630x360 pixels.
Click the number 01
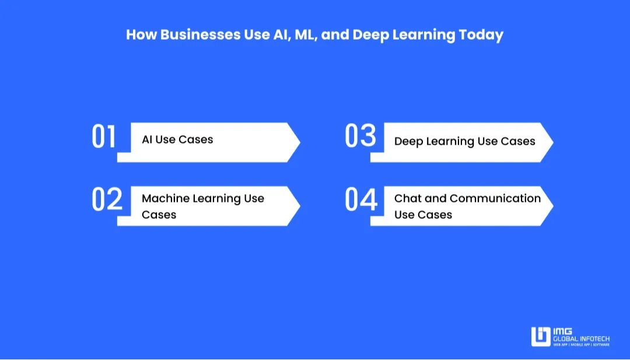[x=104, y=137]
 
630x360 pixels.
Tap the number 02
[x=107, y=200]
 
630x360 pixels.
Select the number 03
[x=360, y=137]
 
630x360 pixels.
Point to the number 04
[x=361, y=200]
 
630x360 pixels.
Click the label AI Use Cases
[x=177, y=139]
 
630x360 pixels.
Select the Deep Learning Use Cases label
[x=464, y=141]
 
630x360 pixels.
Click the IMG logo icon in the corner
[x=541, y=337]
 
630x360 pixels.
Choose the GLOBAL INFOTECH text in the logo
[x=581, y=338]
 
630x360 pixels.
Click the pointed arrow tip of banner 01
[x=298, y=142]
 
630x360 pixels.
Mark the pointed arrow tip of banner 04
[x=551, y=205]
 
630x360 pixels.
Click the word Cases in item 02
[x=159, y=215]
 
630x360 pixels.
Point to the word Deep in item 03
[x=408, y=141]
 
